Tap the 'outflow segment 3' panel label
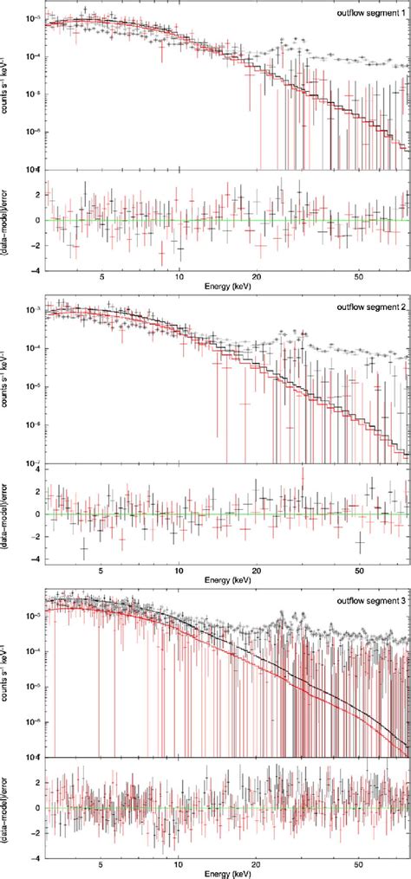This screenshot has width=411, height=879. coord(370,599)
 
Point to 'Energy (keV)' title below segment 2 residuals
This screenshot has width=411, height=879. coord(224,580)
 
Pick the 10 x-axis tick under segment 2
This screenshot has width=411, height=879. coord(179,570)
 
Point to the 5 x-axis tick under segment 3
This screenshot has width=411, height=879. coord(101,862)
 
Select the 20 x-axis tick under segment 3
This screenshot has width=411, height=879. coord(257,862)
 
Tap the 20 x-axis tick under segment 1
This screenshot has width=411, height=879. coord(257,277)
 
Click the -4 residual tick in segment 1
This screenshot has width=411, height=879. coord(35,270)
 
